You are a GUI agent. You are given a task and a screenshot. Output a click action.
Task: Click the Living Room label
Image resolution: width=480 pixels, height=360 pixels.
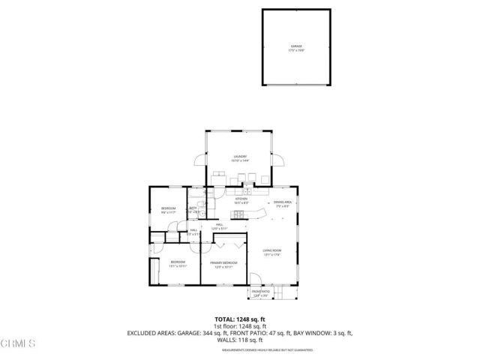point(271,252)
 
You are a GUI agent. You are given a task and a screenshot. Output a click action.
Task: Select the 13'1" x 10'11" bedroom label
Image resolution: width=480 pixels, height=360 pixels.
point(177,264)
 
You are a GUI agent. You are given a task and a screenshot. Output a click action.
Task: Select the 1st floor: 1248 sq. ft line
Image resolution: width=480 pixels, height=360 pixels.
point(240,326)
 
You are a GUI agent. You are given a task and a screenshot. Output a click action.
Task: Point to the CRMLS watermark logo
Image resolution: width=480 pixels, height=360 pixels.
point(19,343)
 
